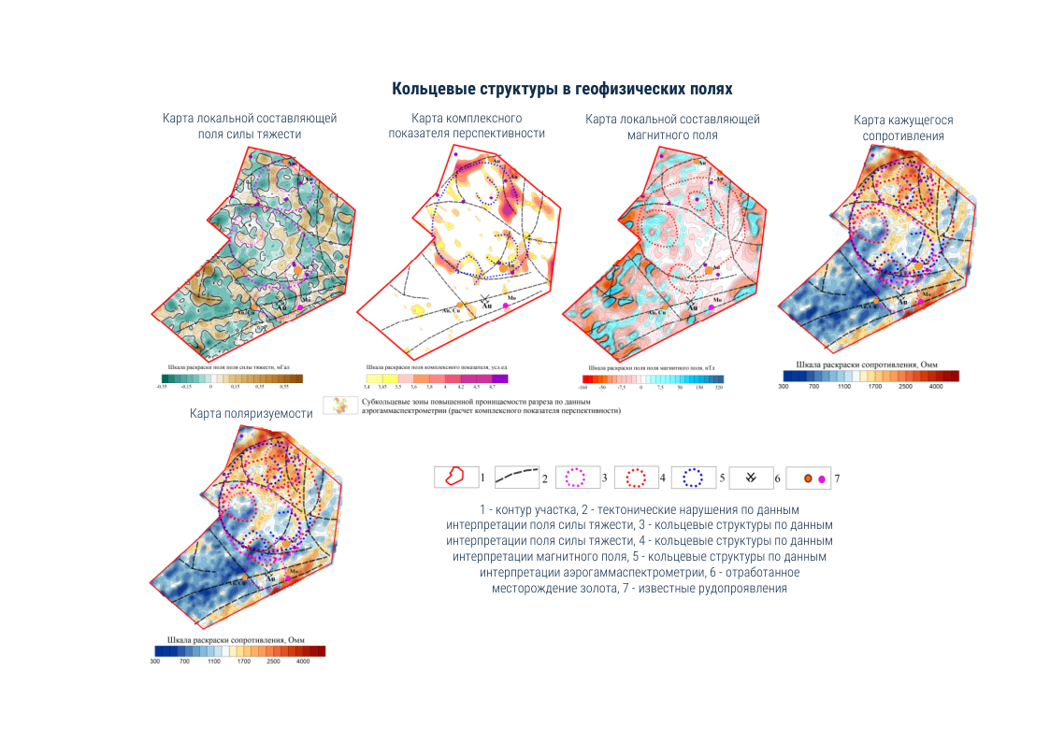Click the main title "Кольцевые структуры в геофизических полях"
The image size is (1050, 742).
coord(561,89)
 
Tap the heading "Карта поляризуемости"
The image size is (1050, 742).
coord(251,413)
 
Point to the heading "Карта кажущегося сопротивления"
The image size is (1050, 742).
coord(902,128)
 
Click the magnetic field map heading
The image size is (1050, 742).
coord(672,127)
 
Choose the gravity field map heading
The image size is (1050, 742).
coord(250,126)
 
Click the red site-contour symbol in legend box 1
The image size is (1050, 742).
coord(455,477)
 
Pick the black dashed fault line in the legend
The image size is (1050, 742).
coord(515,477)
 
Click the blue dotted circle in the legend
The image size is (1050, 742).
coord(693,477)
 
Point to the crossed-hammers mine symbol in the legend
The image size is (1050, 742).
coord(750,478)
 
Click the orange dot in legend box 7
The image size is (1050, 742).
coord(807,478)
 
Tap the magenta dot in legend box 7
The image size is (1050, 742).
coord(822,478)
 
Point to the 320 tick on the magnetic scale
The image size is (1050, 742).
coord(718,385)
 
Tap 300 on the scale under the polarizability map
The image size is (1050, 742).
coord(156,661)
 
